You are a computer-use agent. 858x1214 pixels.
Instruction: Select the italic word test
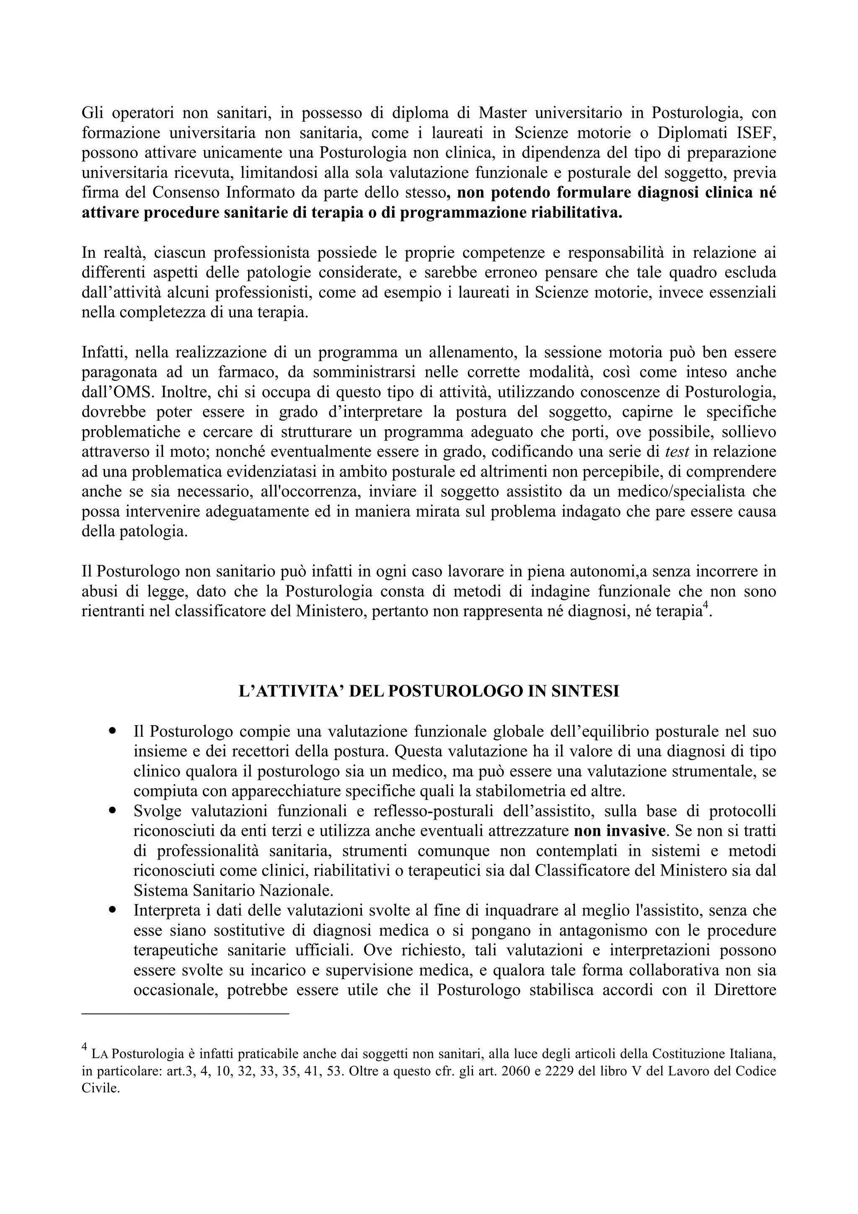click(x=677, y=452)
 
